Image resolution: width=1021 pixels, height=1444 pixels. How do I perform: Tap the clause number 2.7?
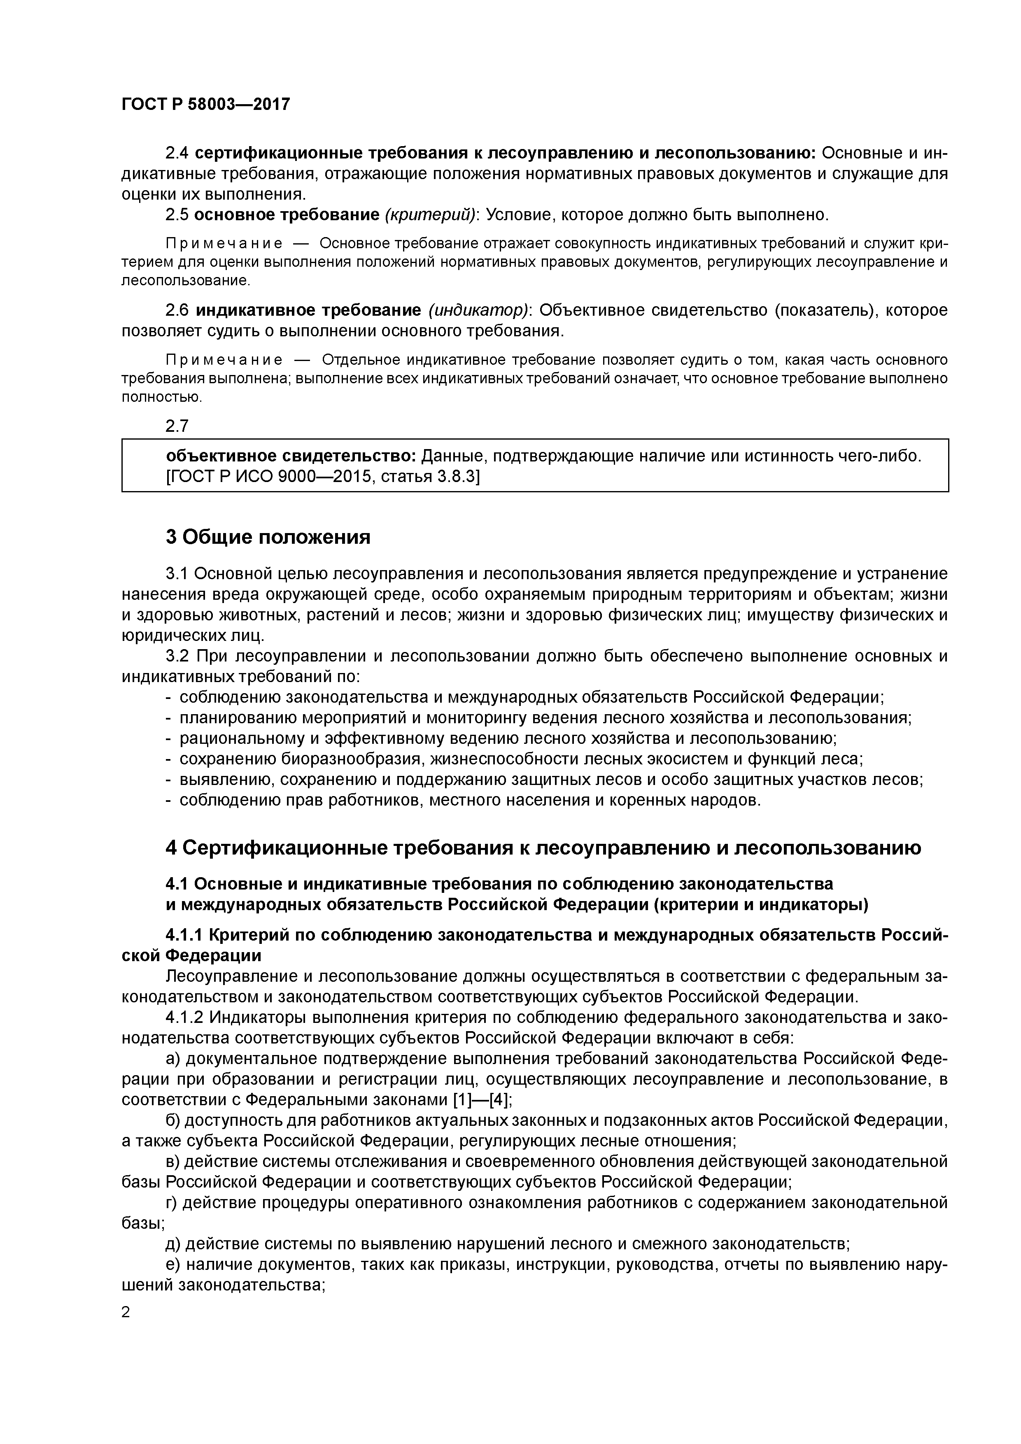point(177,426)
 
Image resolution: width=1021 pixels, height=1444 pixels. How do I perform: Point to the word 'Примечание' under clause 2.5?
point(223,243)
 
